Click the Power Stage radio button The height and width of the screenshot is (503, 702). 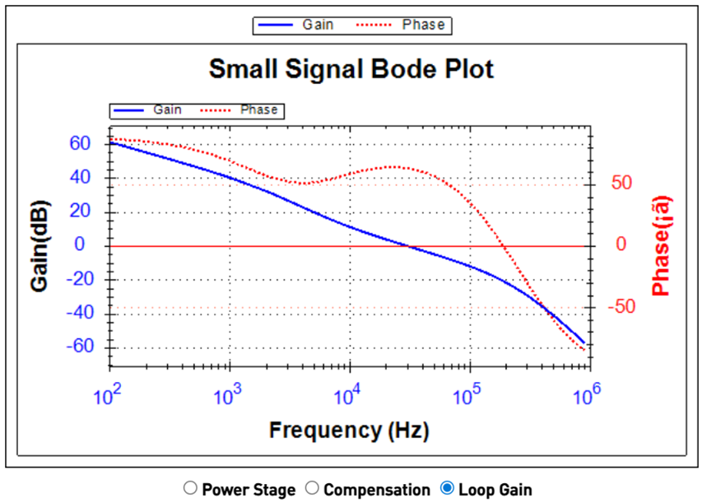click(191, 489)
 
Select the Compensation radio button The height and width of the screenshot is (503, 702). click(312, 489)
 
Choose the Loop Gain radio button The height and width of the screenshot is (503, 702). click(447, 489)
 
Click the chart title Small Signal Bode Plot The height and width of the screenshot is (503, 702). click(351, 69)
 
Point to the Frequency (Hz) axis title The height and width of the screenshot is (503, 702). click(349, 429)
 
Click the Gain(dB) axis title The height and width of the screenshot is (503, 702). click(40, 245)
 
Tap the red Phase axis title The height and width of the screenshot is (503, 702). click(661, 245)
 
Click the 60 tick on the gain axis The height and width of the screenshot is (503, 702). click(80, 143)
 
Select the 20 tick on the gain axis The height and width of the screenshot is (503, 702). click(80, 212)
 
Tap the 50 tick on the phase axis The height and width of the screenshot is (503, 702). click(621, 183)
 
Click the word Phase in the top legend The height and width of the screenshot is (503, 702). click(423, 25)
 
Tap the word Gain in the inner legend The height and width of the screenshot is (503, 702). click(167, 109)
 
